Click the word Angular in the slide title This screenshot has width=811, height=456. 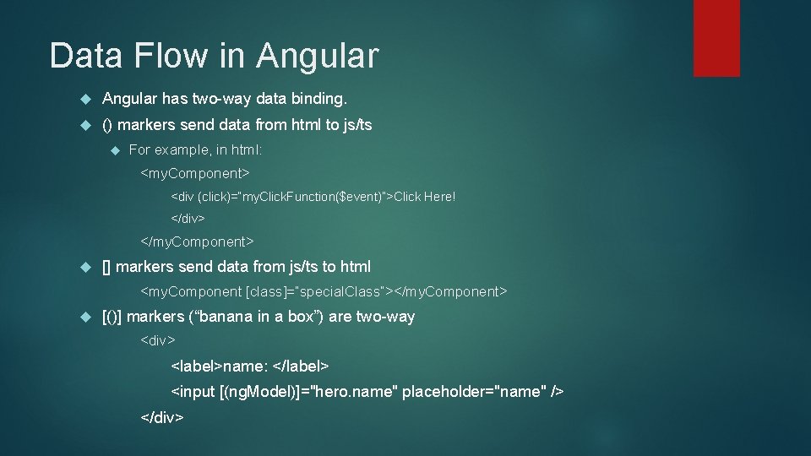pyautogui.click(x=318, y=57)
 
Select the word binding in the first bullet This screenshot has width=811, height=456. pyautogui.click(x=318, y=100)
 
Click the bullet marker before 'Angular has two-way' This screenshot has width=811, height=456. pyautogui.click(x=84, y=100)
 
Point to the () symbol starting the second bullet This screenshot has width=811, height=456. pyautogui.click(x=107, y=125)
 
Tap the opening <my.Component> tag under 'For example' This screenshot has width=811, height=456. pyautogui.click(x=194, y=173)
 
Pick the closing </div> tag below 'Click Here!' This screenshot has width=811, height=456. pyautogui.click(x=188, y=219)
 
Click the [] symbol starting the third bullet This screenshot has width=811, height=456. pyautogui.click(x=106, y=267)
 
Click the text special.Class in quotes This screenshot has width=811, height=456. pyautogui.click(x=342, y=291)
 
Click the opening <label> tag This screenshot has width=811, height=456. pyautogui.click(x=197, y=366)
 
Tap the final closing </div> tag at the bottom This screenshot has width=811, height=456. pyautogui.click(x=162, y=417)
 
